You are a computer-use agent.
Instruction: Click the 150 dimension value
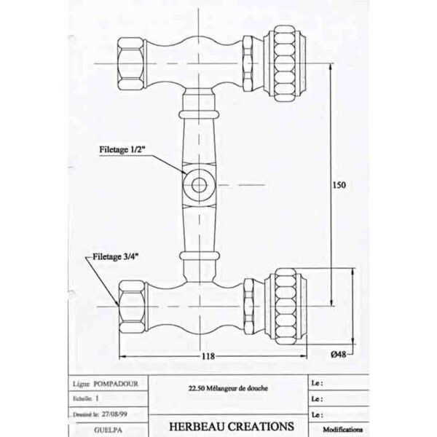coord(339,185)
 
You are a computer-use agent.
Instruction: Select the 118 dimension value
coord(208,356)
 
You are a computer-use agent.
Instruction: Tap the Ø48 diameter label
coord(339,354)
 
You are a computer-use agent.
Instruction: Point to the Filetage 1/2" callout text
coord(122,149)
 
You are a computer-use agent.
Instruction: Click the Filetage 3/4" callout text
coord(115,256)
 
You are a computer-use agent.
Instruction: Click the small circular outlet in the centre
coord(199,185)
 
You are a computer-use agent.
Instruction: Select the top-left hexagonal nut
coord(132,64)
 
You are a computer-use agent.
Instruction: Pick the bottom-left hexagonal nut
coord(133,307)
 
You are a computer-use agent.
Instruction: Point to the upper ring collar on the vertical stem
coord(199,114)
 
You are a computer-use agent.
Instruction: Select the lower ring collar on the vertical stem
coord(200,256)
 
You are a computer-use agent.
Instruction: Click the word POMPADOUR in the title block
coord(116,384)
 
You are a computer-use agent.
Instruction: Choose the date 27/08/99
coord(114,414)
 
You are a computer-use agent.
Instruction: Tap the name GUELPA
coord(108,430)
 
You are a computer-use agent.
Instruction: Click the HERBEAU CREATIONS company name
coord(232,426)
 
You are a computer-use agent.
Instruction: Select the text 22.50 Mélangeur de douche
coord(228,388)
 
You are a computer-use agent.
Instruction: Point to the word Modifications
coord(342,430)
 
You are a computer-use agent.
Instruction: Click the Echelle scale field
coord(86,398)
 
